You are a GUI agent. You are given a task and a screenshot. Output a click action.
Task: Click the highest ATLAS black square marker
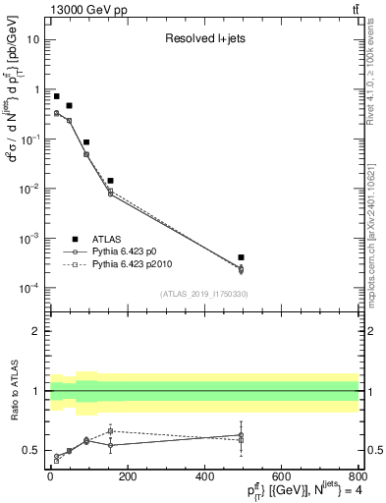56,96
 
